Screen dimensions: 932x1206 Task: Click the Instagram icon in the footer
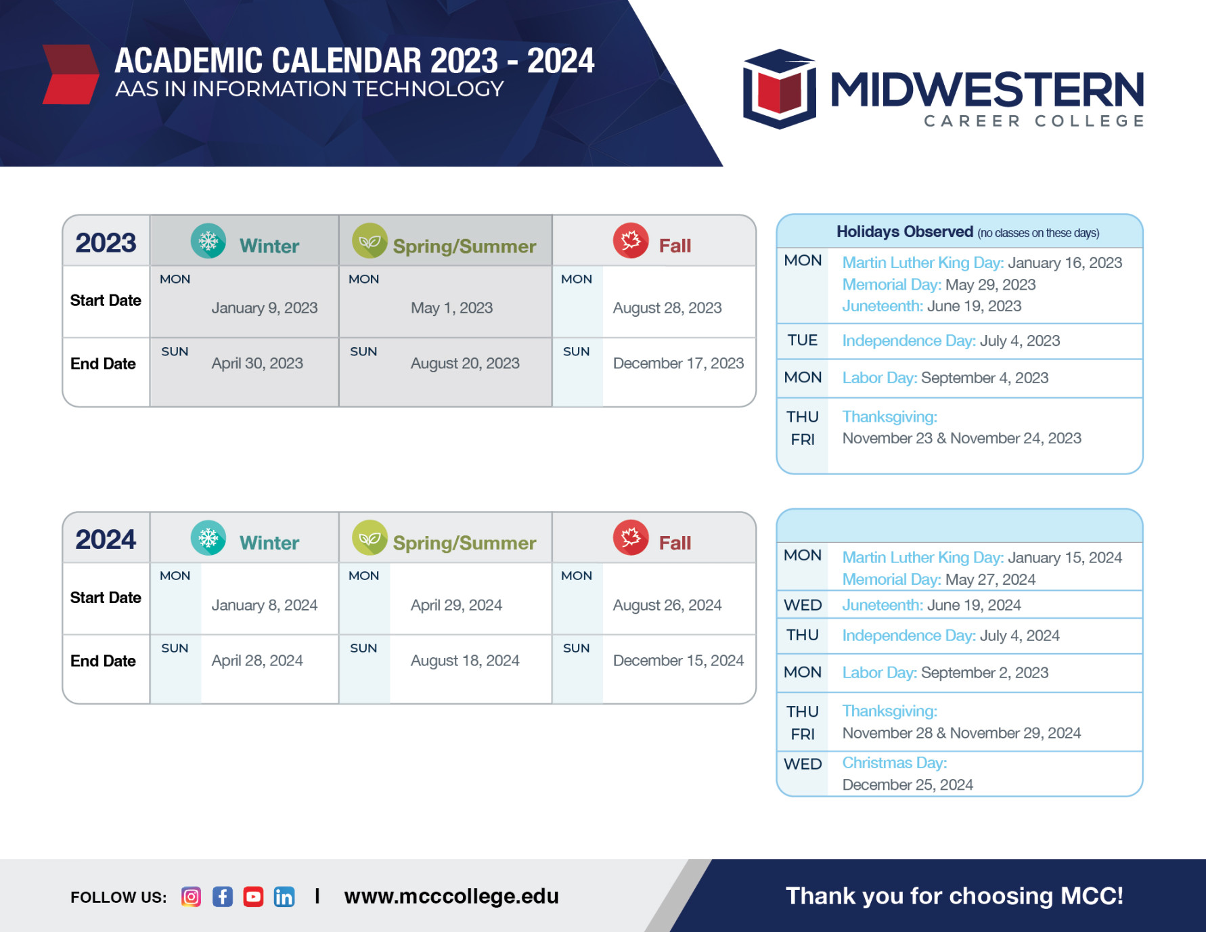point(191,897)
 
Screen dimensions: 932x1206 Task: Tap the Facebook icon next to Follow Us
point(223,897)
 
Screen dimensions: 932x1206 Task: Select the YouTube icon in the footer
point(253,897)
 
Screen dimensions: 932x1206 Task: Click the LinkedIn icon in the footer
point(284,897)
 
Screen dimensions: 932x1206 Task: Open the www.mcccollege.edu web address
point(451,896)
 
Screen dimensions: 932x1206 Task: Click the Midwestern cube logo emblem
point(779,89)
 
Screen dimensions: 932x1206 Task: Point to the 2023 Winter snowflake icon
point(208,241)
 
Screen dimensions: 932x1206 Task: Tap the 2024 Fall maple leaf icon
point(630,537)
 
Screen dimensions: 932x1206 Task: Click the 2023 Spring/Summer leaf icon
point(370,241)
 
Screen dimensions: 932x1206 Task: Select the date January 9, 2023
point(264,308)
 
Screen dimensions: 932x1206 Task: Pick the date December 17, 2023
point(678,363)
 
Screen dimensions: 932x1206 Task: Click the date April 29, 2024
point(456,605)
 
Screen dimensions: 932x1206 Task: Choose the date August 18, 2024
point(465,661)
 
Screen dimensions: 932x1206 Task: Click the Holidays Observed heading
point(904,232)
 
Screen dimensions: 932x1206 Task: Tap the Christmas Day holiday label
point(894,763)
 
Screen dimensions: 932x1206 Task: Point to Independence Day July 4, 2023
point(950,341)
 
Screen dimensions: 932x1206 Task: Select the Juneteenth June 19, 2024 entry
point(931,605)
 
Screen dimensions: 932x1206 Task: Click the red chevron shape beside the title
point(71,74)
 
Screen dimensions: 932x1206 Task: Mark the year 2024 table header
point(106,539)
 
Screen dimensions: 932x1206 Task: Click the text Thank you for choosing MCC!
point(954,896)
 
